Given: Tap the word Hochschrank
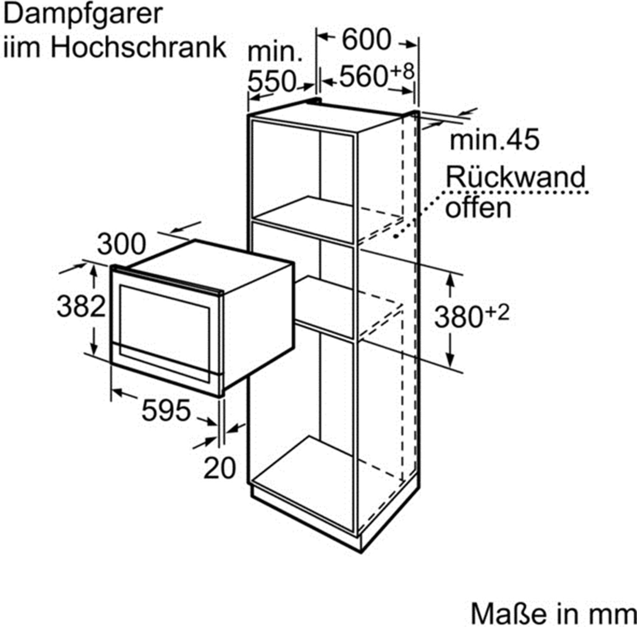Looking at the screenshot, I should point(138,47).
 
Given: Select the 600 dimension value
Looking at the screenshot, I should point(366,39).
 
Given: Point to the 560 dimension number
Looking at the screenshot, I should point(363,77).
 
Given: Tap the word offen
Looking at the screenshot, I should point(478,208).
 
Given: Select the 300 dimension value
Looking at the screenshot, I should point(121,245).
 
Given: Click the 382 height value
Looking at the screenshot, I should point(81,306).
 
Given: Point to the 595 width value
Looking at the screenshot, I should point(166,411).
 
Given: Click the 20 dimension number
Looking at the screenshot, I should point(219,468).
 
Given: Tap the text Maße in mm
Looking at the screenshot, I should point(553,613).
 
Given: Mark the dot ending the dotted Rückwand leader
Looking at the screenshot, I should point(396,236).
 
